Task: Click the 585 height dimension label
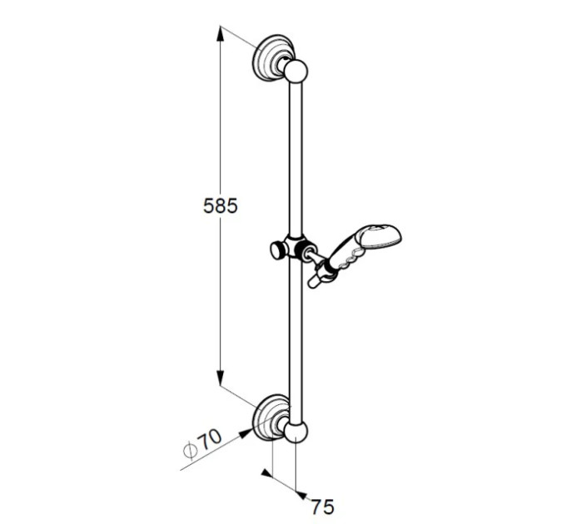pos(221,206)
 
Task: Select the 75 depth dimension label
pos(322,507)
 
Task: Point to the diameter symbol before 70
pos(190,451)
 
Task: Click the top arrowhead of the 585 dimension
pos(221,35)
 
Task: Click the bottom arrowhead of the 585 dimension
pos(221,378)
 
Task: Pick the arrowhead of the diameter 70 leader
pos(246,433)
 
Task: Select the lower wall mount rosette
pos(270,418)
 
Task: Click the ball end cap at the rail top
pos(295,71)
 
